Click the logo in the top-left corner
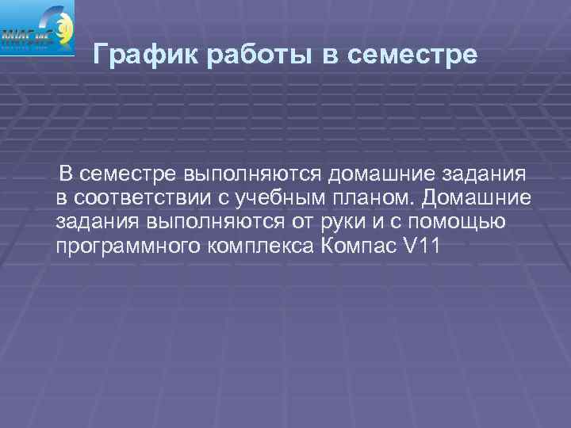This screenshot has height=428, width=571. (x=38, y=29)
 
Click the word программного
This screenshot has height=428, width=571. (x=127, y=246)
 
